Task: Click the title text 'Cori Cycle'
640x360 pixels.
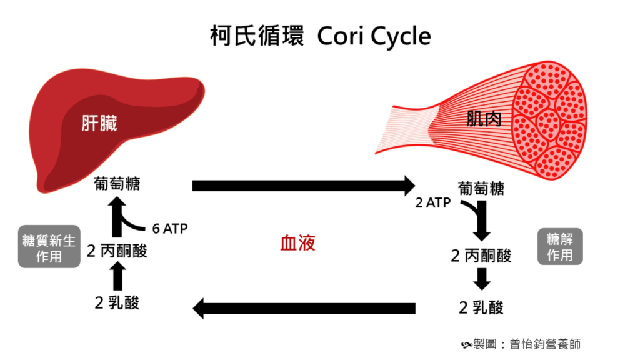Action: point(374,36)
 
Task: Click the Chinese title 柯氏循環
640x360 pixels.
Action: point(257,36)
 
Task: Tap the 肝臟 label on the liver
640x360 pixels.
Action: point(99,123)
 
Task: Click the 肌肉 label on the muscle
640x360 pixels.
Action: point(484,119)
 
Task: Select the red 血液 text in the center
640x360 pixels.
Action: point(297,243)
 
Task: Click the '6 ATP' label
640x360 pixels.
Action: point(170,229)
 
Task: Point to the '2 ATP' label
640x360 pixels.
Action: point(433,203)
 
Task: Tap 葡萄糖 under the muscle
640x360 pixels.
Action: point(481,187)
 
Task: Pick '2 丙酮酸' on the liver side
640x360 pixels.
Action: point(117,251)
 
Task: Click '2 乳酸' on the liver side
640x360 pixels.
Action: point(117,303)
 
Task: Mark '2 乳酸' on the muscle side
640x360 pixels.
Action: point(481,307)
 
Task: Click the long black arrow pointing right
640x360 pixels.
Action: point(303,186)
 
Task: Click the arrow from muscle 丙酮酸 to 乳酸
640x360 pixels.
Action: point(481,279)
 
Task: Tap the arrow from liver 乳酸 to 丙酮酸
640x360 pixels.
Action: point(117,276)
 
